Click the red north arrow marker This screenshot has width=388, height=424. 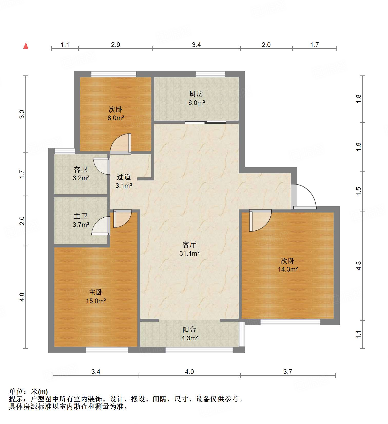pos(26,46)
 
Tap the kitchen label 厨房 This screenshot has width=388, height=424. pos(196,94)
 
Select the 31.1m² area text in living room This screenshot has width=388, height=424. pos(189,253)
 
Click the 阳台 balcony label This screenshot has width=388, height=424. pos(189,330)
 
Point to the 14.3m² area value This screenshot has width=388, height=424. pos(288,269)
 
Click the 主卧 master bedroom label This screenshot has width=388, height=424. pos(96,292)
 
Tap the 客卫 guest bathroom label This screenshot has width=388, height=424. pos(81,169)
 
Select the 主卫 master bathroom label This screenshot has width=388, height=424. pos(81,216)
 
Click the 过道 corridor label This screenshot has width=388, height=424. pos(124,177)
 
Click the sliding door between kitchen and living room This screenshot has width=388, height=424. pos(205,122)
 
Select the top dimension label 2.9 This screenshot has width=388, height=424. pos(115,45)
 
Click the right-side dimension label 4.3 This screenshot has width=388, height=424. pos(358,266)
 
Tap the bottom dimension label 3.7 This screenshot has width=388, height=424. pos(288,372)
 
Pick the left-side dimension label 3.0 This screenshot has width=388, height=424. pos(22,114)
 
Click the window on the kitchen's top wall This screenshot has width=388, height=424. pos(210,74)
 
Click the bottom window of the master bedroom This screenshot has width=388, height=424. pos(107,350)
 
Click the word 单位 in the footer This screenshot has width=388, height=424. pos(16,392)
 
